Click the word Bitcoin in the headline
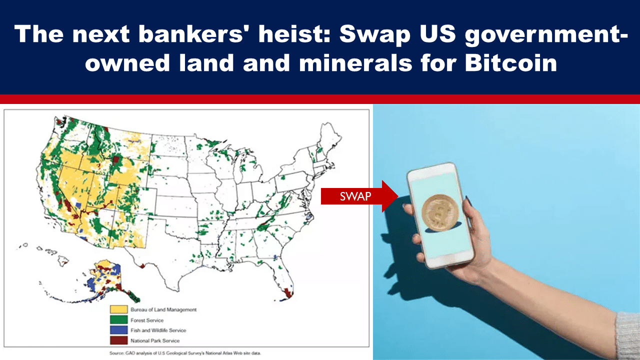click(511, 62)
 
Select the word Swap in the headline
click(375, 35)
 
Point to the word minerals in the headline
click(355, 62)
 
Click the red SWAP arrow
click(359, 196)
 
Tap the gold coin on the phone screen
click(440, 213)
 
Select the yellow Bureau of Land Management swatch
click(119, 309)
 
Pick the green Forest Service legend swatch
click(119, 319)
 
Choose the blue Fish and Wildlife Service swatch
click(119, 330)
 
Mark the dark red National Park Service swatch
click(119, 340)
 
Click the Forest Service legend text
click(147, 320)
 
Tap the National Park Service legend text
click(155, 340)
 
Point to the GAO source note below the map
click(185, 353)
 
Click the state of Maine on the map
click(330, 137)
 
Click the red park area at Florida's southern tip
click(288, 293)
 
